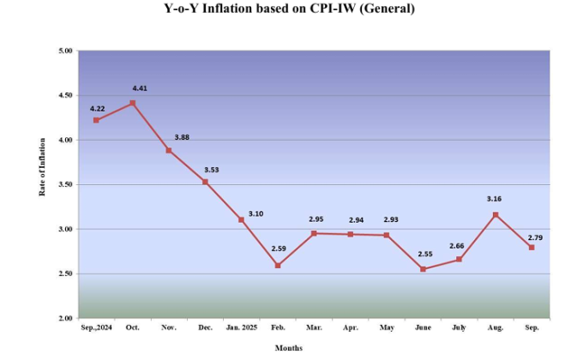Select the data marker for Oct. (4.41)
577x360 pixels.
[x=133, y=103]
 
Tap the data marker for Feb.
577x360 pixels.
[x=278, y=266]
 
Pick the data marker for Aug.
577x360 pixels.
[x=496, y=214]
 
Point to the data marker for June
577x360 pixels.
[x=423, y=269]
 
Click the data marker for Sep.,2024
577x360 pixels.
[x=96, y=120]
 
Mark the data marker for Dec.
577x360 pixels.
[x=205, y=182]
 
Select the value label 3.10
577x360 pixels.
[x=255, y=213]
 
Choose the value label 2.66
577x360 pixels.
[x=456, y=246]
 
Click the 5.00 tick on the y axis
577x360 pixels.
[x=64, y=51]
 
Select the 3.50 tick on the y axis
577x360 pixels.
[x=64, y=184]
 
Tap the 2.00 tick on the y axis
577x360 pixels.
[x=64, y=318]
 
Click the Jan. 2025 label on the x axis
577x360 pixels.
[x=241, y=327]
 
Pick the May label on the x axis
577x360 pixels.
[x=386, y=327]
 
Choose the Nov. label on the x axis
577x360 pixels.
[x=169, y=327]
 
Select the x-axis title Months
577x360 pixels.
[x=288, y=347]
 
